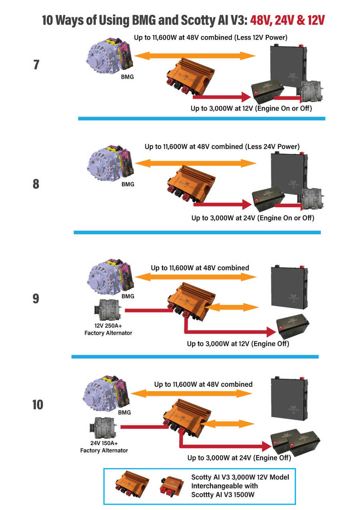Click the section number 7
pos(36,64)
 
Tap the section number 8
pos(36,184)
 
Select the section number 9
pos(36,298)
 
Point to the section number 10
pos(38,405)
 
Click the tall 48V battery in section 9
pos(289,286)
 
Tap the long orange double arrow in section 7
pos(195,56)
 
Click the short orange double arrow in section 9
pos(233,307)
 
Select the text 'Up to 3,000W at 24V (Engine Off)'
pos(239,458)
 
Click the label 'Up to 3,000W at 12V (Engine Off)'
pos(238,343)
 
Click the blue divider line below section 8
pos(197,232)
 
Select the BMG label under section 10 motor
pos(124,412)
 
